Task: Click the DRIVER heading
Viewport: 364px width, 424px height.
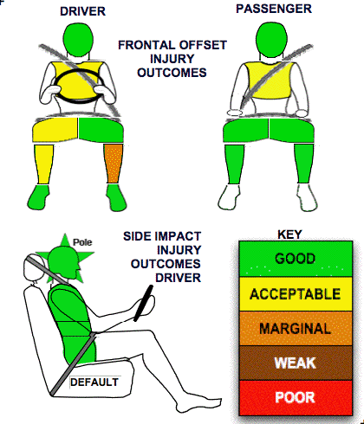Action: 82,11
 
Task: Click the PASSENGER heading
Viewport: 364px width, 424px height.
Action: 274,9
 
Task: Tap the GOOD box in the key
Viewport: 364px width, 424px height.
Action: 296,259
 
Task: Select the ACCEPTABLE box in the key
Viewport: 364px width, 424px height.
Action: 296,294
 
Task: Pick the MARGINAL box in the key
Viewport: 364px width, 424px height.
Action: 296,329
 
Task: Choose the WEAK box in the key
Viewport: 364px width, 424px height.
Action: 296,363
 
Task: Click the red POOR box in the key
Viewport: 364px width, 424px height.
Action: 296,398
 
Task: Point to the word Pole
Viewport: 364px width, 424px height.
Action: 82,242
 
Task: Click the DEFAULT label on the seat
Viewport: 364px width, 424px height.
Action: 94,382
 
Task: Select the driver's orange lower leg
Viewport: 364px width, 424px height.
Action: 114,164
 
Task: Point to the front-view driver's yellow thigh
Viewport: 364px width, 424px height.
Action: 55,131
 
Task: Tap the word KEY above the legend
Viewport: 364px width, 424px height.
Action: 289,234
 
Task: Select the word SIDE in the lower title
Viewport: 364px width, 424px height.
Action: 135,236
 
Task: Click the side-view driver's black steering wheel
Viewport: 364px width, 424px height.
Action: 143,303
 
